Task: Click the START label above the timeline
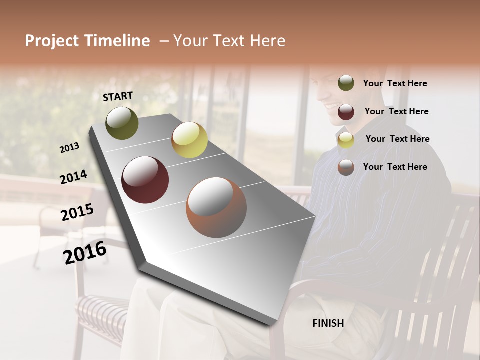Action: (x=118, y=96)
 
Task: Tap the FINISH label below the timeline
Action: (x=328, y=323)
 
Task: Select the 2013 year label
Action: (x=69, y=148)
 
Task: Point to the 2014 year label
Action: (x=73, y=177)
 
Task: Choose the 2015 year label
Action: (x=77, y=212)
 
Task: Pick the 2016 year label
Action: (x=85, y=253)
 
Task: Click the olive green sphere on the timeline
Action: (x=122, y=123)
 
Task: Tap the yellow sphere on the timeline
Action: (x=189, y=140)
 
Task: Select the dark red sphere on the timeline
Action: (x=145, y=180)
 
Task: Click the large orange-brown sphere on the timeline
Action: (x=216, y=207)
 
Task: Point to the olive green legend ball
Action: (x=346, y=83)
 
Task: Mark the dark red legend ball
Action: (x=346, y=112)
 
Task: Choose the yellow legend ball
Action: (x=346, y=140)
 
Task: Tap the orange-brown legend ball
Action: (x=346, y=167)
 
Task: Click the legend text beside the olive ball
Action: (x=395, y=83)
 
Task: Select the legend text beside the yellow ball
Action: (x=398, y=139)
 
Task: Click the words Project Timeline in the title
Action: (x=87, y=41)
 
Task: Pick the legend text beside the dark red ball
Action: (x=397, y=111)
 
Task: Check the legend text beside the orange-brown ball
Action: (x=395, y=167)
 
